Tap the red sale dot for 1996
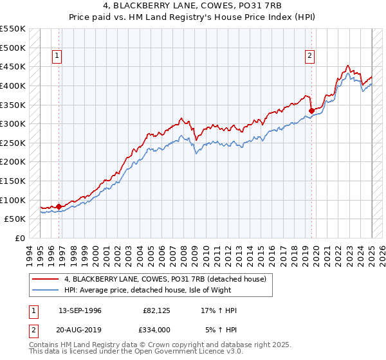tap(59, 206)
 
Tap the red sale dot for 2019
tap(311, 111)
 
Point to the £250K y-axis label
tap(13, 143)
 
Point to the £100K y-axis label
tap(13, 200)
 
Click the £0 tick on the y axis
tap(19, 238)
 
